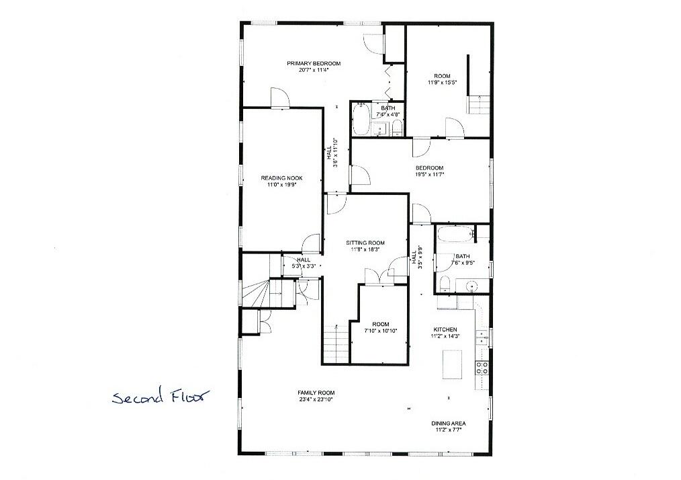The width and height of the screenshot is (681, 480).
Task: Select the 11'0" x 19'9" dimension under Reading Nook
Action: click(282, 184)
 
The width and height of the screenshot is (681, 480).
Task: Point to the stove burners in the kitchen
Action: click(482, 367)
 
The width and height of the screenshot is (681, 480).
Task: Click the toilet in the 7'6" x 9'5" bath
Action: click(445, 282)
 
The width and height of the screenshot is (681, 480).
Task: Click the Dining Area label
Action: click(448, 424)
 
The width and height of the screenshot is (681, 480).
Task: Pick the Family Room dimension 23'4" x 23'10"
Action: click(316, 399)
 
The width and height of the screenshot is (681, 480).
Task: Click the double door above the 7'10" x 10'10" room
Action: click(380, 276)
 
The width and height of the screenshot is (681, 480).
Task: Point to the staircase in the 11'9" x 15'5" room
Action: click(480, 106)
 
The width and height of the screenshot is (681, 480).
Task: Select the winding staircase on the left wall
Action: click(255, 292)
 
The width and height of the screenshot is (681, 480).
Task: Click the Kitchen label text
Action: click(445, 329)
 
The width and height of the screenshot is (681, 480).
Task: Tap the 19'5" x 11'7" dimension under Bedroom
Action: click(429, 175)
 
